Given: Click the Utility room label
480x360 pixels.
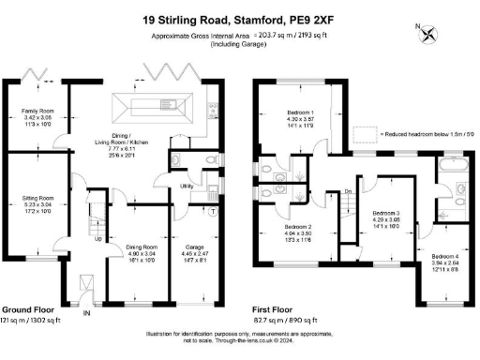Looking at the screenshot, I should pos(187,187).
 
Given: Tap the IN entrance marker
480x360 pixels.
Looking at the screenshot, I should pos(88,312).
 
